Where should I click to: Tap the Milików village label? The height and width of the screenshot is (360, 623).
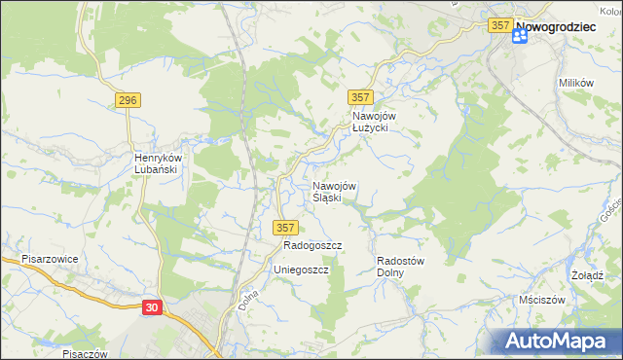[x=576, y=83]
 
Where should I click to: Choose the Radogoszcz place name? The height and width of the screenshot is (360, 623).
[x=300, y=246]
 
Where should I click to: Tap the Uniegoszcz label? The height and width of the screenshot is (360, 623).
[x=301, y=269]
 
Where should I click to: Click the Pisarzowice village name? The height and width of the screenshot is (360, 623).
[x=50, y=260]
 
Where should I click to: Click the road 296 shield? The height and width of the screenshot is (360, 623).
[x=128, y=100]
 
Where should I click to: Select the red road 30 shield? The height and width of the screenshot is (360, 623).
[x=152, y=306]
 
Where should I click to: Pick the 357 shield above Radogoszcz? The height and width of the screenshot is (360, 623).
[x=284, y=228]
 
